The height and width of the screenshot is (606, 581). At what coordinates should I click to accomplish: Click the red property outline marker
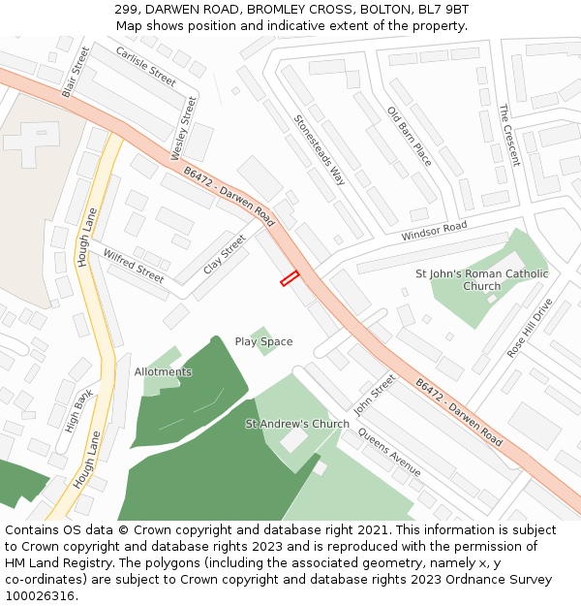tap(290, 278)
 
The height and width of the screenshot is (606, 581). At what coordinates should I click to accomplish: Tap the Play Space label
tap(263, 341)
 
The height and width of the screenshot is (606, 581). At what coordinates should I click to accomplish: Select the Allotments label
tap(163, 371)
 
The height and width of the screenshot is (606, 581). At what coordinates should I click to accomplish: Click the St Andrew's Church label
tap(297, 424)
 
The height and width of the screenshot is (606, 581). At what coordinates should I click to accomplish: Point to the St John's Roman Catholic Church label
tap(481, 279)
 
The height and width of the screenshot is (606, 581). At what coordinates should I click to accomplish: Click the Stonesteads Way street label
tap(320, 150)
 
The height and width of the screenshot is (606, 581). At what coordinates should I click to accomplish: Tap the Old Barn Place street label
tap(409, 136)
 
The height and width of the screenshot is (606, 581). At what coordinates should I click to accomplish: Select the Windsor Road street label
tap(434, 232)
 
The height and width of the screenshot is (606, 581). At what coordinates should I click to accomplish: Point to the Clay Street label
tap(225, 259)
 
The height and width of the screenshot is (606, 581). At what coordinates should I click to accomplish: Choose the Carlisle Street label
tap(145, 66)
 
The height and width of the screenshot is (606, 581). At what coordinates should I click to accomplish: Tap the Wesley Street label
tap(183, 128)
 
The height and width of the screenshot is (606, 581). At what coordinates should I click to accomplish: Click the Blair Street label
tap(69, 72)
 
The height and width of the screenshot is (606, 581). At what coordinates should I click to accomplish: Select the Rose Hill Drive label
tap(530, 328)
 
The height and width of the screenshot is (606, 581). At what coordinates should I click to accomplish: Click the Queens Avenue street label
tap(390, 452)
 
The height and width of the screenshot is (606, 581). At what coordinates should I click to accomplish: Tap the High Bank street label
tap(79, 409)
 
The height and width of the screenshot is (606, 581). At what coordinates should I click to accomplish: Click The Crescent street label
tap(508, 136)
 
